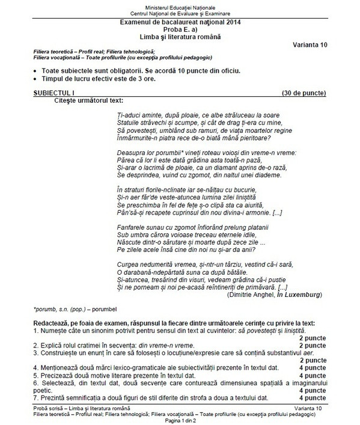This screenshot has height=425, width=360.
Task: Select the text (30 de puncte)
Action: tap(304, 94)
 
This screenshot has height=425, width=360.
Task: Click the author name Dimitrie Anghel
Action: tap(247, 295)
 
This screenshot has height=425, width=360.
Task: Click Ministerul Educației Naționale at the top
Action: tap(180, 5)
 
